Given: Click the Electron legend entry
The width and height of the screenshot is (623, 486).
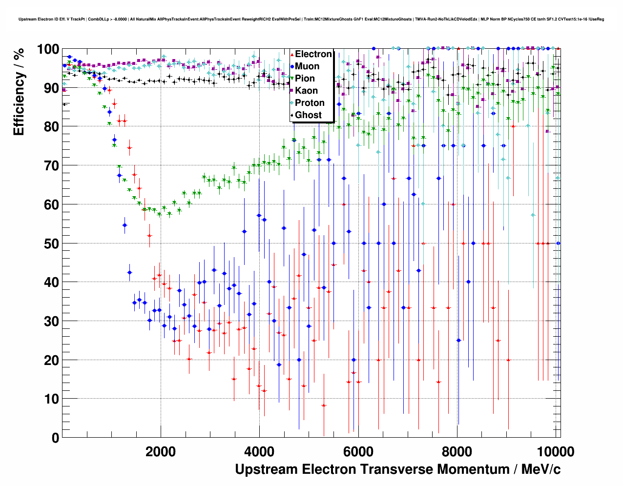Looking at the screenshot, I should coord(313,54).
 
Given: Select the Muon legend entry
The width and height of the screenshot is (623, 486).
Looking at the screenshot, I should coord(307,66).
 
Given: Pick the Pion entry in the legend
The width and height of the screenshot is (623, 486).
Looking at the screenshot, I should coord(305,79).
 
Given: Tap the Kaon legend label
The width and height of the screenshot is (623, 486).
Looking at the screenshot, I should coord(306,91).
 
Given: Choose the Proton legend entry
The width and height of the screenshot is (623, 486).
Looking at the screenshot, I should coord(310,103).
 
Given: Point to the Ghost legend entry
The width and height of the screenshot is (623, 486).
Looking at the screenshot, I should coord(308,115).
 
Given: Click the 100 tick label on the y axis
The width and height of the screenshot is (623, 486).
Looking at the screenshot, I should coord(48,49).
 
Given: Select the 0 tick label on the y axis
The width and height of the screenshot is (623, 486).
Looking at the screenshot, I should coord(55,438).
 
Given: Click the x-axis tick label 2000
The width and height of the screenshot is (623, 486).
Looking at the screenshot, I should coord(161,452).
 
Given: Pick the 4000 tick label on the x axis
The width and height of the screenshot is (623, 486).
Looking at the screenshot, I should coord(259,452).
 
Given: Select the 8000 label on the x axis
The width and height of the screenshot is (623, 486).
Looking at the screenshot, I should coord(457,452).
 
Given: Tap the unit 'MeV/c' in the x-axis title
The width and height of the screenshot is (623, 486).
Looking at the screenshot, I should coord(541,469).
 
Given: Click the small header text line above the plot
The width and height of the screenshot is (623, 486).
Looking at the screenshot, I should coord(311,20).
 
